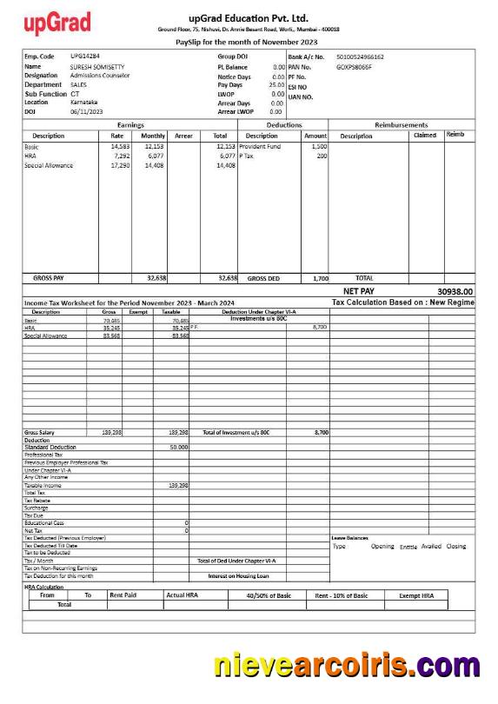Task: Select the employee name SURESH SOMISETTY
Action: click(x=98, y=66)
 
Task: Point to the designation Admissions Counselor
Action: click(x=100, y=76)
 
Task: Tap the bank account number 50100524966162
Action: click(x=360, y=56)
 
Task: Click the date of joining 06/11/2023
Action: click(x=87, y=111)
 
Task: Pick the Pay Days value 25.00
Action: click(x=276, y=84)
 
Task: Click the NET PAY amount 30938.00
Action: click(x=455, y=291)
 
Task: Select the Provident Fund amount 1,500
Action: click(x=319, y=147)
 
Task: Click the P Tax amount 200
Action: click(x=322, y=156)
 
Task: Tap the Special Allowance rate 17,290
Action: click(x=120, y=164)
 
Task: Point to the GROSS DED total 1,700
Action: click(x=319, y=278)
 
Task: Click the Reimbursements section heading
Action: click(x=401, y=125)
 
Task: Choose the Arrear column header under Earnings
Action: click(x=183, y=136)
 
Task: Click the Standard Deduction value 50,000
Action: click(x=179, y=447)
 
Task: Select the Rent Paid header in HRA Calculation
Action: click(x=123, y=594)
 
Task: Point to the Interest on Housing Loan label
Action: click(x=238, y=575)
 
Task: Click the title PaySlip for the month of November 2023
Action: click(x=246, y=42)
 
